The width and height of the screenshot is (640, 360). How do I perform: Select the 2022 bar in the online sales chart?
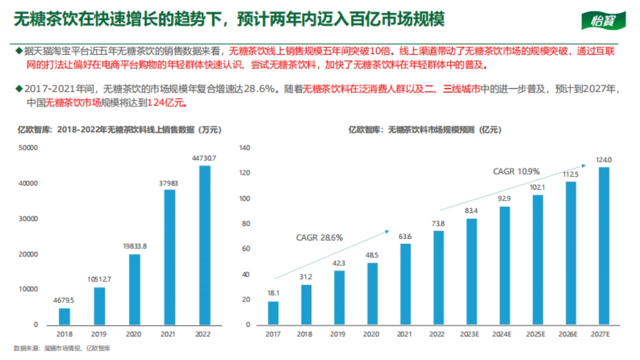(x=205, y=245)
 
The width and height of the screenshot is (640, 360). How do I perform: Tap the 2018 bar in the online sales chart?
(x=64, y=316)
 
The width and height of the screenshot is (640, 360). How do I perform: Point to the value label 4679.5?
(x=64, y=300)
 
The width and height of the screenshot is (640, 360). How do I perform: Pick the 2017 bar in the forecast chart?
(x=273, y=313)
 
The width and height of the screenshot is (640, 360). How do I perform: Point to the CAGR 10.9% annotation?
(x=516, y=172)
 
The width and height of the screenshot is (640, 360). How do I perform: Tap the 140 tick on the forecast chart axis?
(x=244, y=148)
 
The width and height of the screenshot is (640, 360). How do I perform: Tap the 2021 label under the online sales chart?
(x=169, y=334)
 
